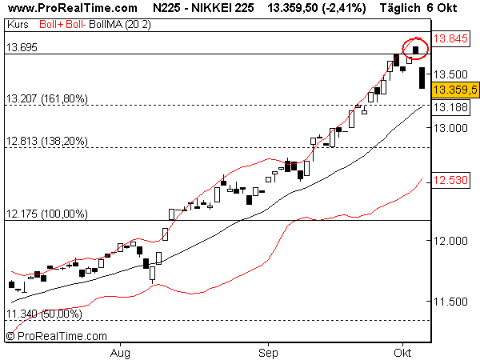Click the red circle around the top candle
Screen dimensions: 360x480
(x=415, y=48)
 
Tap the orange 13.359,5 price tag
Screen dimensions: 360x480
(x=454, y=89)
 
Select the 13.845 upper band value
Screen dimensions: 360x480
(x=454, y=38)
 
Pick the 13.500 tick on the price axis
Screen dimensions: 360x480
(x=450, y=74)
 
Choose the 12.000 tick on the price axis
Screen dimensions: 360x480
(x=450, y=241)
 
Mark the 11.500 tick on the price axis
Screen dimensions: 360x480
(x=450, y=302)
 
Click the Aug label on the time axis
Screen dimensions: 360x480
(x=120, y=351)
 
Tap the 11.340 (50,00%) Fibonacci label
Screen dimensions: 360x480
(x=44, y=314)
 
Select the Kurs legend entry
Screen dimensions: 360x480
(x=18, y=24)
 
